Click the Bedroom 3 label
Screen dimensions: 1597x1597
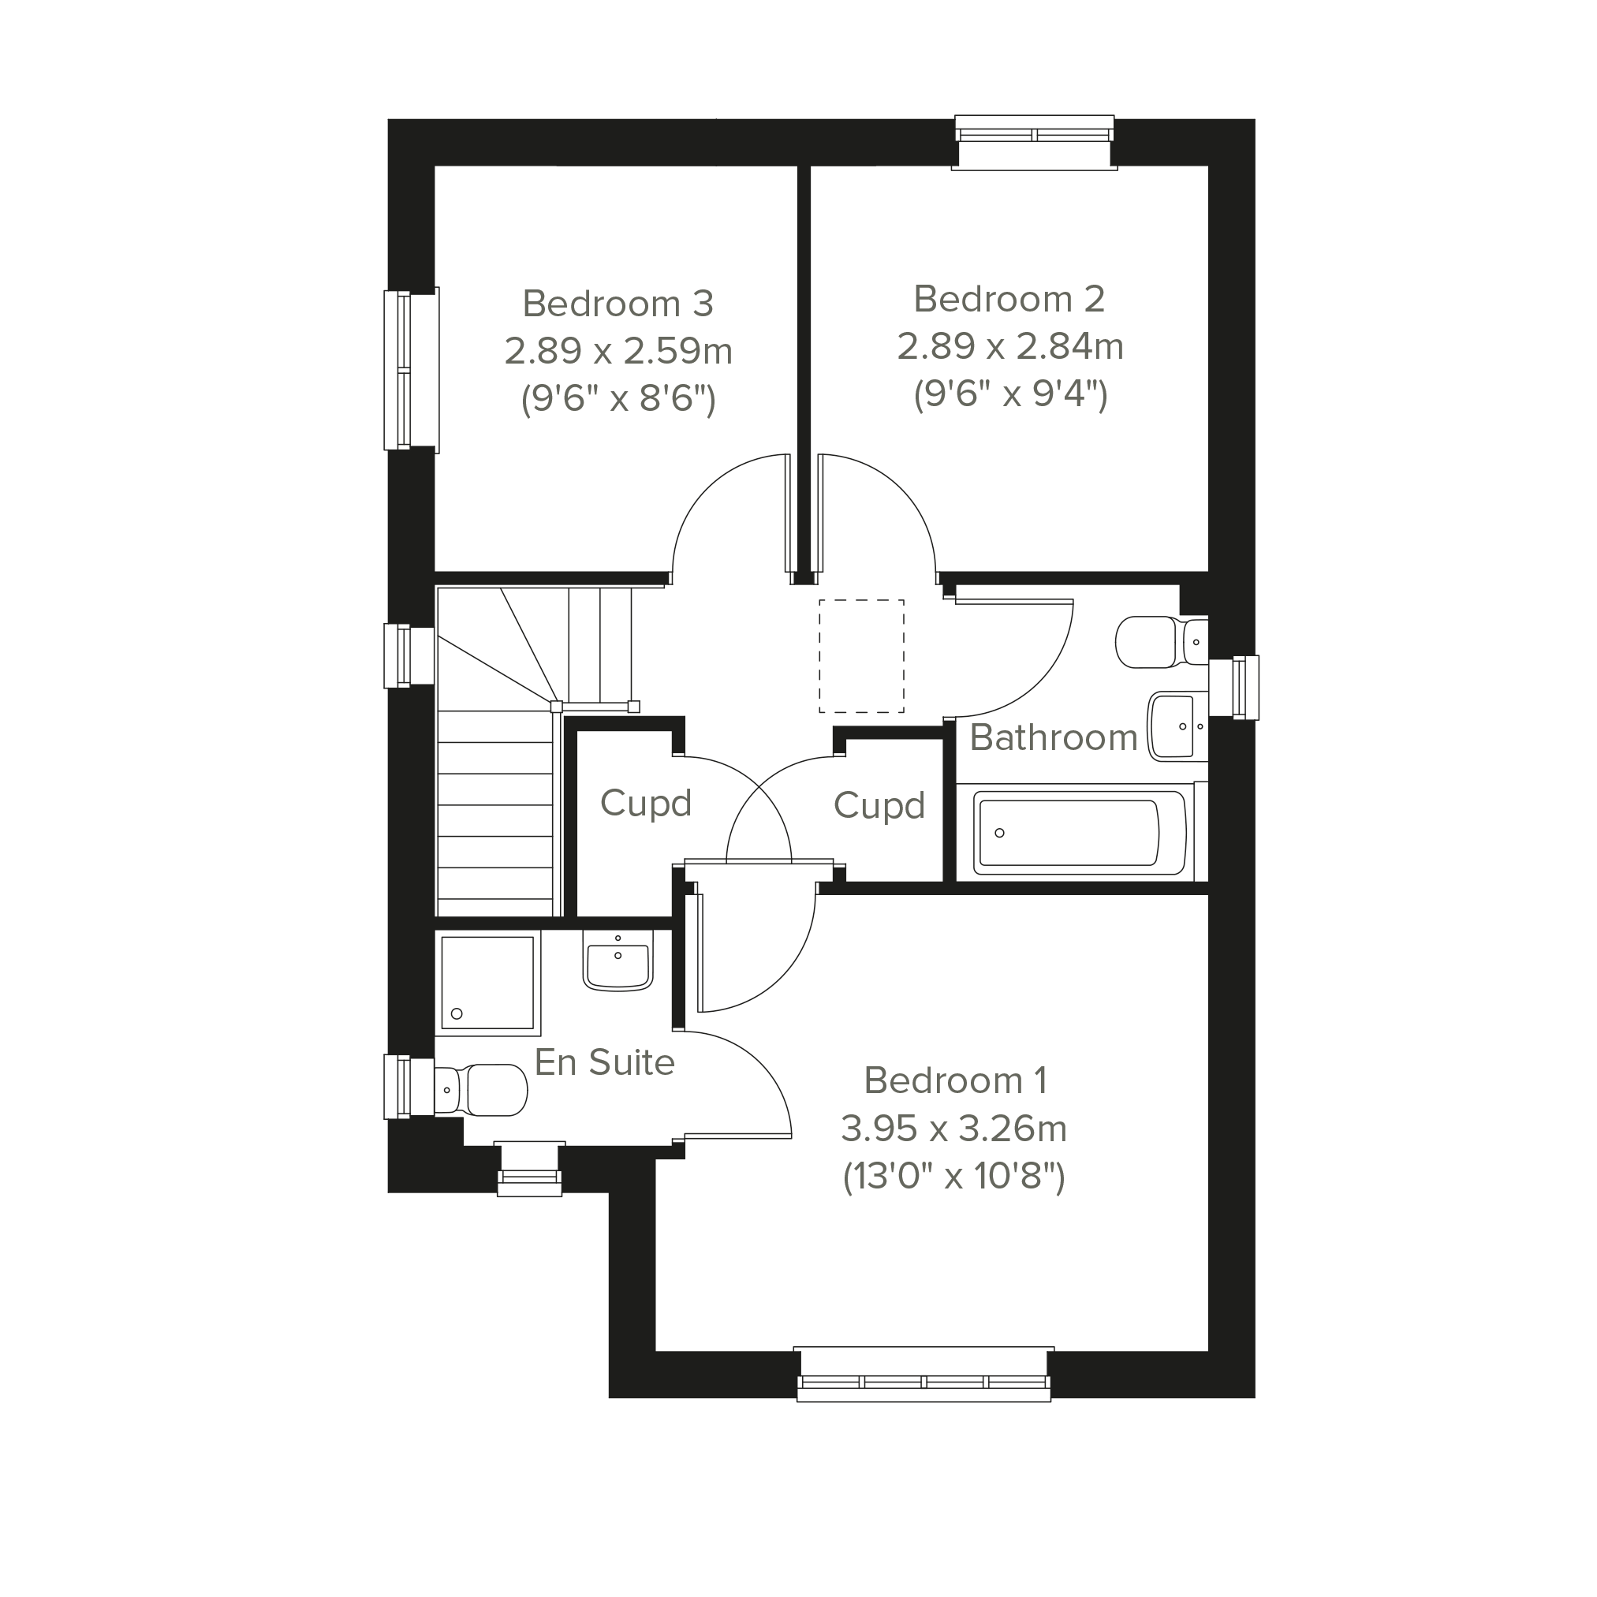click(618, 304)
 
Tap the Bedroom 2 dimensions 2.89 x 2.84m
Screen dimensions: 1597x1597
click(1009, 347)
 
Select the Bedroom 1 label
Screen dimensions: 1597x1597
click(956, 1080)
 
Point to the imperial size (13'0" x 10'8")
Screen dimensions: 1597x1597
click(954, 1175)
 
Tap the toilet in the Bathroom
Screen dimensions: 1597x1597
click(1162, 641)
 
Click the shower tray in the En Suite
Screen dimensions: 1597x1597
click(487, 983)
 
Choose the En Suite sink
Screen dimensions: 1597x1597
click(618, 960)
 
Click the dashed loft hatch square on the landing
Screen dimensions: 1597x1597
click(861, 656)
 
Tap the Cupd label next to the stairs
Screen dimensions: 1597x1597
click(646, 804)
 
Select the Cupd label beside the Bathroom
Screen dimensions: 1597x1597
click(879, 806)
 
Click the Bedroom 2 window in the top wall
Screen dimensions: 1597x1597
click(1034, 142)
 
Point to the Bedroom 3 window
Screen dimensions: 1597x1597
click(412, 370)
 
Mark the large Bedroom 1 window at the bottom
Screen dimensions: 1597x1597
click(923, 1375)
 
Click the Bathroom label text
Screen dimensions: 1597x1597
click(1053, 737)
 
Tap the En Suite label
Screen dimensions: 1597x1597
click(604, 1063)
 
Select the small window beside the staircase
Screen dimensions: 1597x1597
click(409, 655)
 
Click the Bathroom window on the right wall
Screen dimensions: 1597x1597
click(1234, 688)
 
